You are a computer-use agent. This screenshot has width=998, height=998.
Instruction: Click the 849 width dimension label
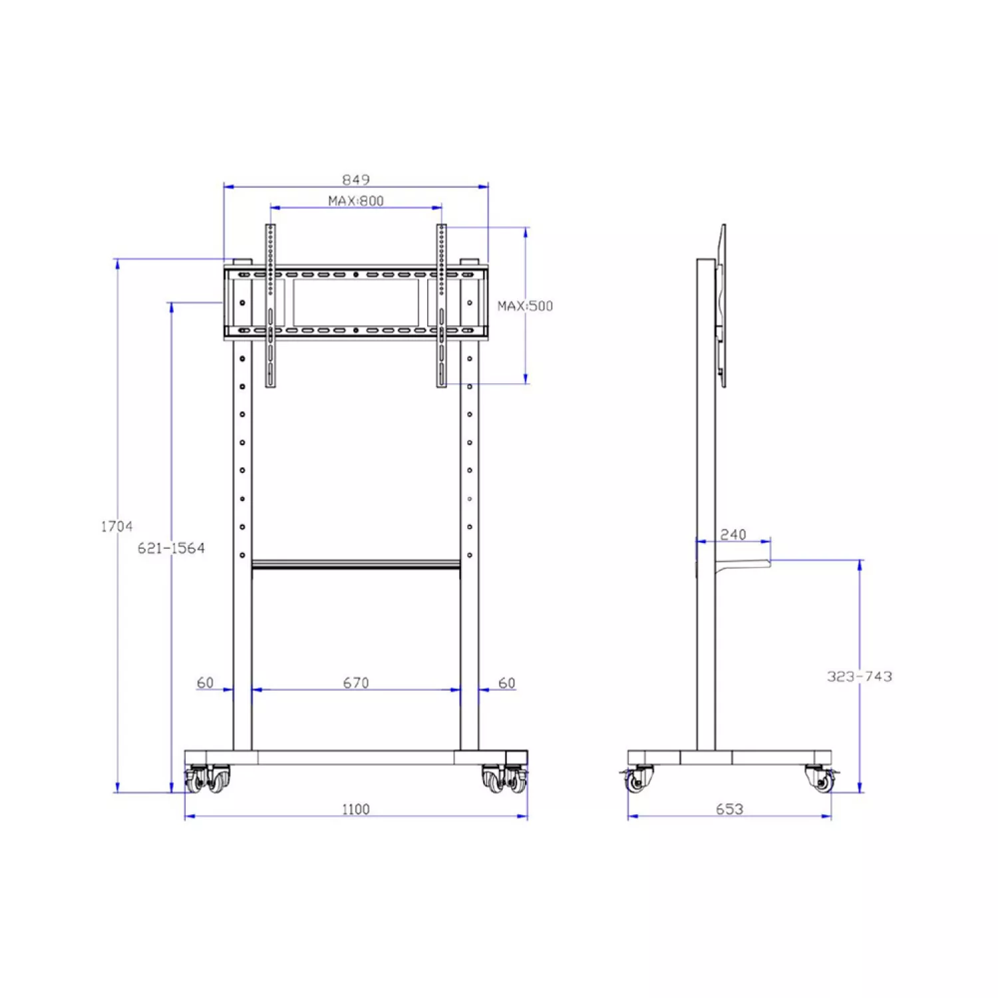(356, 179)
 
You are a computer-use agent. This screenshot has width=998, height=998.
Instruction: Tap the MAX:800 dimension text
(356, 200)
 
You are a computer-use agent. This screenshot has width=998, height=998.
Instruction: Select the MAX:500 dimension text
(526, 305)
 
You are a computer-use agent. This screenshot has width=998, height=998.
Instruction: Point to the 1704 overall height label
(116, 526)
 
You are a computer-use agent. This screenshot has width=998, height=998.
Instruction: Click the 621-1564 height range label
(171, 548)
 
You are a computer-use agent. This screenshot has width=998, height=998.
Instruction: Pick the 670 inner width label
(356, 683)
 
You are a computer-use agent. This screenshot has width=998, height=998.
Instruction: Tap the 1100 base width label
(356, 809)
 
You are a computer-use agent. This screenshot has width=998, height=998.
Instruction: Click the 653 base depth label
(729, 809)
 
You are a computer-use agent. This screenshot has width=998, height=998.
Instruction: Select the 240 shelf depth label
(733, 534)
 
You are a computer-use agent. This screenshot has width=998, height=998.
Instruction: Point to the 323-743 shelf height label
(860, 676)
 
